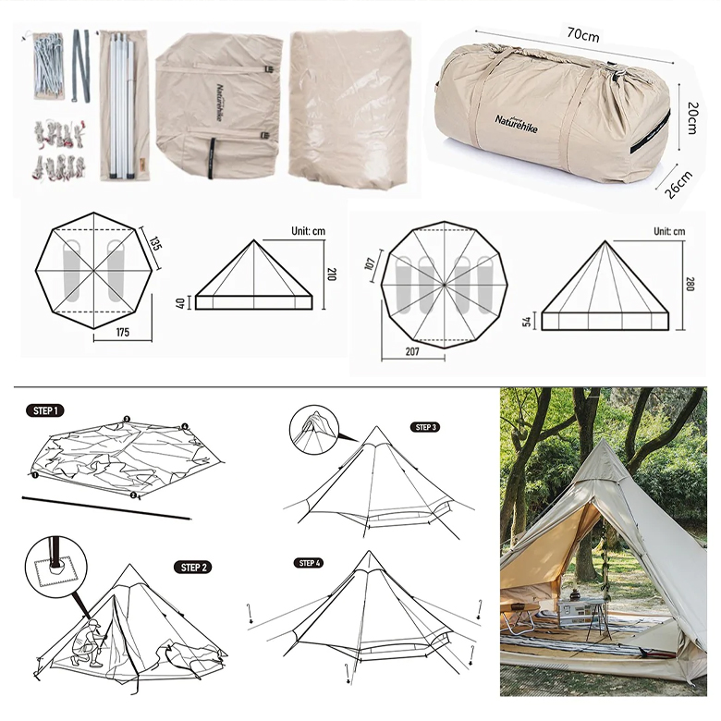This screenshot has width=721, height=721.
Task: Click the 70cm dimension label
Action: [x=582, y=35]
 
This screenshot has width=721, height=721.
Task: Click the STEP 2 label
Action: [x=193, y=567]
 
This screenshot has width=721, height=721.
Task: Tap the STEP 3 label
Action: [x=426, y=427]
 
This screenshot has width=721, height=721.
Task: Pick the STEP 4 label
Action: [x=310, y=562]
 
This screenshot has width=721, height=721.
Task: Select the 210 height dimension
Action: [x=331, y=274]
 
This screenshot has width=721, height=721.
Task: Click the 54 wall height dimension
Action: [x=528, y=321]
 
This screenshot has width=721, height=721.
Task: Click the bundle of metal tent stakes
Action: [x=48, y=67]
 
